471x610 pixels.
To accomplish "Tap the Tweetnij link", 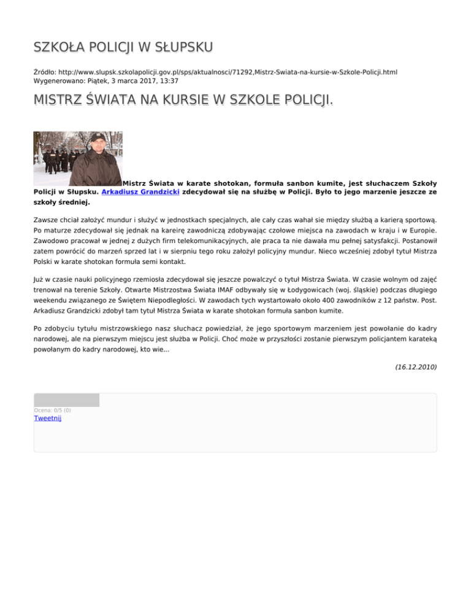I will click(x=47, y=418).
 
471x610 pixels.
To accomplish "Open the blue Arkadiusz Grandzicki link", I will click(x=141, y=191).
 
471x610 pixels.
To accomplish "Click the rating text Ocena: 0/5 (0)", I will click(x=52, y=410).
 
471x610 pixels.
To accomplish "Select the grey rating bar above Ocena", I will click(x=66, y=400).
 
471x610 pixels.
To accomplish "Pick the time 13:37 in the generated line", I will click(x=169, y=80).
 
